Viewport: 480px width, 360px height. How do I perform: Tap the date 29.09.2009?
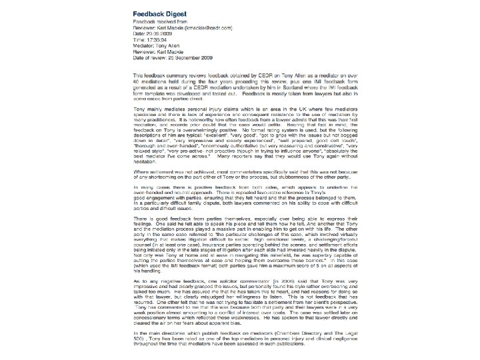[x=165, y=34]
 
